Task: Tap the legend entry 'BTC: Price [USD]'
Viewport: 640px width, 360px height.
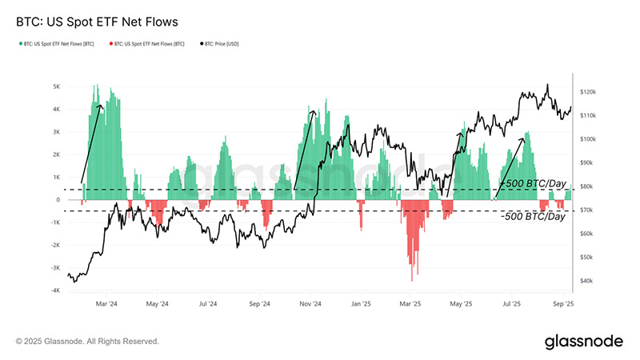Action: pos(219,43)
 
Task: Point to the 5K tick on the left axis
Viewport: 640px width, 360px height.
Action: pos(57,86)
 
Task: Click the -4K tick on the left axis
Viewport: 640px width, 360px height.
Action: pos(55,291)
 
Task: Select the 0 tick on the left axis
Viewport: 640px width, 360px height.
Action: pos(58,200)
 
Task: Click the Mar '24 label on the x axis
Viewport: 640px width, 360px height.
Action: pos(107,305)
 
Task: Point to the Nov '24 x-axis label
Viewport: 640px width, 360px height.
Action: pos(310,305)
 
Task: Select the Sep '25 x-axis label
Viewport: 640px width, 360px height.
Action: pos(563,305)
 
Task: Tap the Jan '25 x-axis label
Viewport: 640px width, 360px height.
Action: pos(361,305)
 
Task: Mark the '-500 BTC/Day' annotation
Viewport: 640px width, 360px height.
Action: pos(533,217)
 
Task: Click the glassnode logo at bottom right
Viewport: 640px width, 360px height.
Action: pos(583,342)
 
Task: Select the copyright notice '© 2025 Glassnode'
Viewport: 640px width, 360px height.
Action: pos(87,342)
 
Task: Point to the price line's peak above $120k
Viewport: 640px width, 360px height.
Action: pos(547,85)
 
